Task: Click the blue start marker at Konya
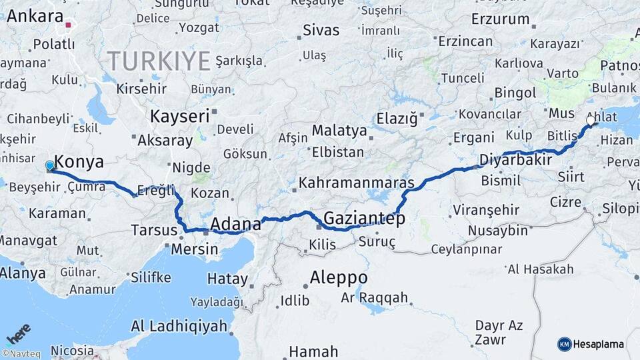coord(50,165)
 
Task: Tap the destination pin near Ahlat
coord(591,121)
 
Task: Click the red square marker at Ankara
coord(68,25)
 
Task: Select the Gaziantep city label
coord(364,218)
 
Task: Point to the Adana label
coord(235,223)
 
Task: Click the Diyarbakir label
coord(516,160)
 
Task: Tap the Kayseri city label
coord(179,116)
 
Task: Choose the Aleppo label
coord(339,277)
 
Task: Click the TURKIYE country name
coord(159,61)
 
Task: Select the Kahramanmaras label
coord(357,183)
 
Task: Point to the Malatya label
coord(339,130)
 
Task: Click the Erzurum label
coord(500,19)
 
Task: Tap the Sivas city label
coord(321,30)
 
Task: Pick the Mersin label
coord(195,249)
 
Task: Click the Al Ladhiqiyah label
coord(179,326)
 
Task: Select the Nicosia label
coord(72,350)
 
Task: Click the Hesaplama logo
coord(591,344)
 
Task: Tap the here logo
coord(19,334)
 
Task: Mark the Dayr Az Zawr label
coord(499,332)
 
